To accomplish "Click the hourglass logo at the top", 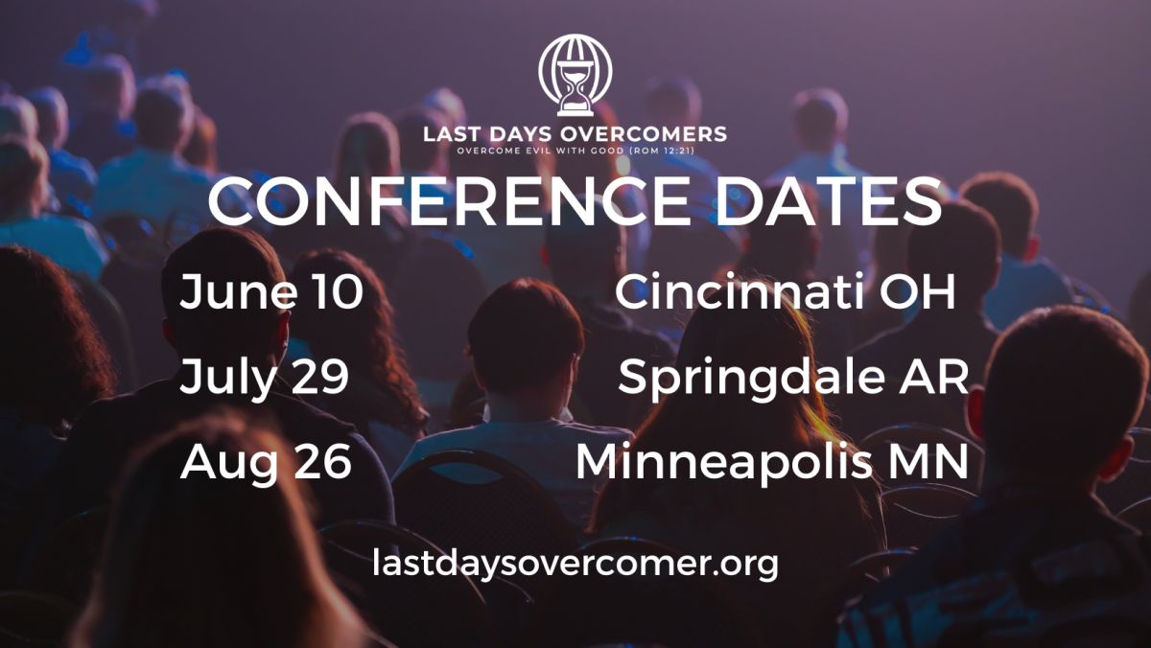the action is (x=575, y=75).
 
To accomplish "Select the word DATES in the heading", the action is (x=829, y=201).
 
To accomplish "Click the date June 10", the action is (x=271, y=291).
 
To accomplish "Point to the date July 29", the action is (x=264, y=378).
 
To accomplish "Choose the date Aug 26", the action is (x=267, y=461).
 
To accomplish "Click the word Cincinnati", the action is (x=738, y=290).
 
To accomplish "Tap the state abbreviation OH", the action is (x=917, y=290).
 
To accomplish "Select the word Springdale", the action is (x=751, y=378).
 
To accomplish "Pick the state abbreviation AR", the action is (x=933, y=377).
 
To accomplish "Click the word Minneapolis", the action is (x=723, y=462).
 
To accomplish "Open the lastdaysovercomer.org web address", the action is (x=575, y=564).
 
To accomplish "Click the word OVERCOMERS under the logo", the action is (x=643, y=134).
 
